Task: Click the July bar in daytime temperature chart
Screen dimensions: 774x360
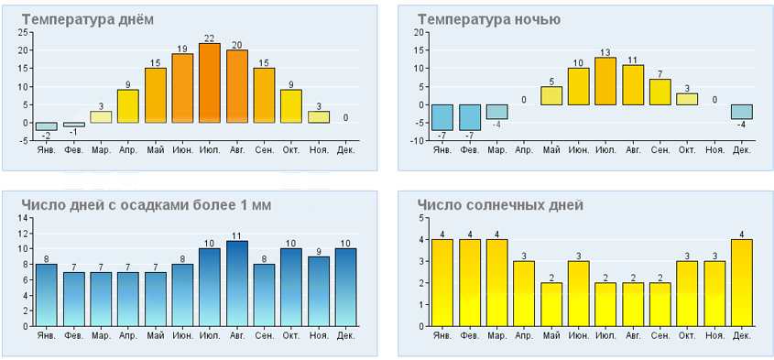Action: click(x=210, y=83)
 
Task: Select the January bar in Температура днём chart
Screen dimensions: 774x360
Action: click(x=47, y=126)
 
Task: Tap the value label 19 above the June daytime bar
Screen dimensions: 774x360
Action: click(x=182, y=49)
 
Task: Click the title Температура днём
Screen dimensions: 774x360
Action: click(x=87, y=20)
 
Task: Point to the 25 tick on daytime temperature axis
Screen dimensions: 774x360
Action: click(x=23, y=33)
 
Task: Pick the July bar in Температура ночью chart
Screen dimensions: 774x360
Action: click(x=605, y=81)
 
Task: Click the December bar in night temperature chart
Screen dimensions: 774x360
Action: click(x=741, y=112)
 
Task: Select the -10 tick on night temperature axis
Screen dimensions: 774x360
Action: click(x=418, y=141)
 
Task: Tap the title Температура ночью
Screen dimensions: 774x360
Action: click(x=489, y=20)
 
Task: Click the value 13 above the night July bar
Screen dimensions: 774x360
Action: click(x=605, y=52)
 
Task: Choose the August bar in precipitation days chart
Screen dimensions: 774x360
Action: click(x=237, y=283)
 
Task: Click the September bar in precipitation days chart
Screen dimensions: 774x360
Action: click(x=264, y=295)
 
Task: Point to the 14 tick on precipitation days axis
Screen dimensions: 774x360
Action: click(x=23, y=218)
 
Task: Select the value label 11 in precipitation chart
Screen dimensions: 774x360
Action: click(x=237, y=236)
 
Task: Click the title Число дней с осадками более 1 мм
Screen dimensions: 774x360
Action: click(x=147, y=205)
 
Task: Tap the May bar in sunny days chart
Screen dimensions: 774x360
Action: click(x=551, y=304)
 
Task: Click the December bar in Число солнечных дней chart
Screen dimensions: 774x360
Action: click(x=741, y=282)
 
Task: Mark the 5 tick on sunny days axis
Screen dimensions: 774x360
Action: click(x=421, y=218)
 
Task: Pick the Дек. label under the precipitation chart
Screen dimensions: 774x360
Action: click(x=345, y=336)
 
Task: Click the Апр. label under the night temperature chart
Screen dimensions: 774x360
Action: click(x=524, y=150)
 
